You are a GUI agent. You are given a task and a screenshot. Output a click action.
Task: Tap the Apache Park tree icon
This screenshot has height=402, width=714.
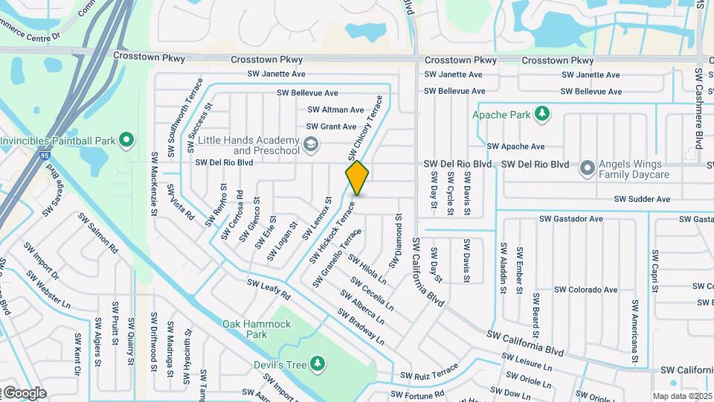[x=544, y=113]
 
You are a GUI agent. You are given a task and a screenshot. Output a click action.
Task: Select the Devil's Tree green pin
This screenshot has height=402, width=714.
[x=318, y=363]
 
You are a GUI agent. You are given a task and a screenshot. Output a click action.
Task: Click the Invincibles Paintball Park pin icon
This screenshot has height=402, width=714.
[x=126, y=139]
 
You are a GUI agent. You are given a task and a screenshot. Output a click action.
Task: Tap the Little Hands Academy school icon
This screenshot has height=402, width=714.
[x=311, y=144]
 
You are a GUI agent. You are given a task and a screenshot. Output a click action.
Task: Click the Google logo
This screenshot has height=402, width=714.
[x=25, y=393]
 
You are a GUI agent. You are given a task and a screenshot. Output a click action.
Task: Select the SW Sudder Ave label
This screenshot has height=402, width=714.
[x=642, y=200]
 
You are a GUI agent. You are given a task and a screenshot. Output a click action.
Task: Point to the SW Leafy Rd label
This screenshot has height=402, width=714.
[x=268, y=290]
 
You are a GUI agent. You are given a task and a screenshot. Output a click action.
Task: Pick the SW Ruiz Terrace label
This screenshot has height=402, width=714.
[x=428, y=373]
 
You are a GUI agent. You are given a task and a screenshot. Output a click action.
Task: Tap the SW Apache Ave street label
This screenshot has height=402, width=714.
[x=515, y=147]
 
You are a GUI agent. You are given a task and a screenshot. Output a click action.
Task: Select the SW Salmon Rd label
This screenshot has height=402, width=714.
[x=97, y=233]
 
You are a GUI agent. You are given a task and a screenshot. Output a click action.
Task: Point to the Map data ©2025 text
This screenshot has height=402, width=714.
[x=682, y=396]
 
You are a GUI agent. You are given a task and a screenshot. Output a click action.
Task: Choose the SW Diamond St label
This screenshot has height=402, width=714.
[x=399, y=237]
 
